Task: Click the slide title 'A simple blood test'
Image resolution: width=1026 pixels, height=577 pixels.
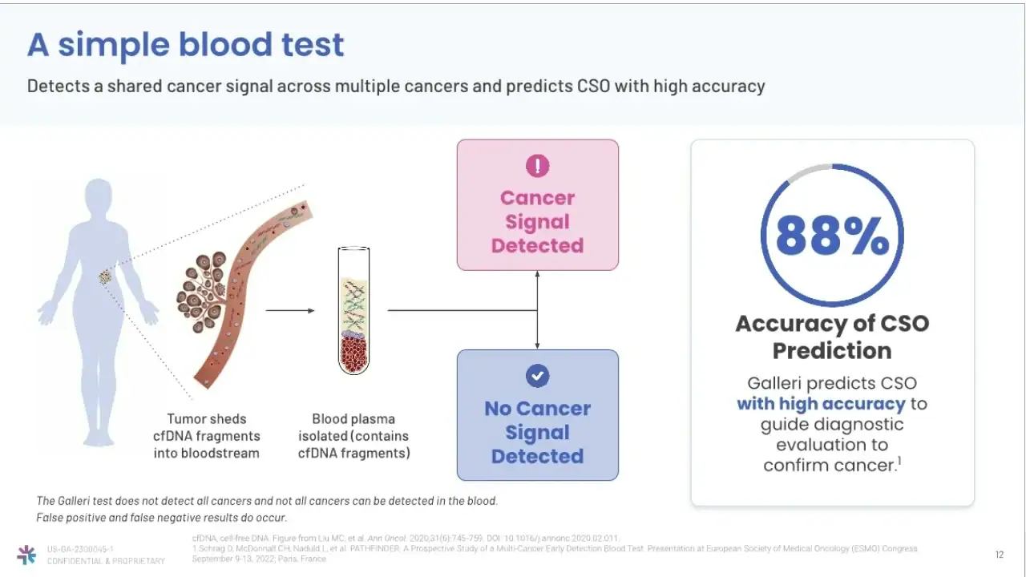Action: coord(185,45)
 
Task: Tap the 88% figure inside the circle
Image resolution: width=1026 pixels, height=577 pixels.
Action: coord(832,236)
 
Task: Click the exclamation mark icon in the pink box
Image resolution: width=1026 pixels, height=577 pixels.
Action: coord(537,166)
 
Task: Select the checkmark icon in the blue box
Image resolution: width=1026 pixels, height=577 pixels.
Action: coord(537,376)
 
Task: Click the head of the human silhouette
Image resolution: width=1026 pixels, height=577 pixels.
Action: coord(99,197)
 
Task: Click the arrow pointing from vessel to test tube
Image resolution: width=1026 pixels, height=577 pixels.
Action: coord(289,310)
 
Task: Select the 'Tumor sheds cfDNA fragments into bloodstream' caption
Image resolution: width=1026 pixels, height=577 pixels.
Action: coord(207,436)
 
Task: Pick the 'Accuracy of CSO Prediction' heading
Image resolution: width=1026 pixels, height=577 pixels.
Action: coord(832,337)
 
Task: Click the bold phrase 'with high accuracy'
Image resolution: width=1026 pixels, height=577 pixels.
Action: coord(821,404)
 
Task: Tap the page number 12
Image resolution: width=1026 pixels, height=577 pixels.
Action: coord(1000,555)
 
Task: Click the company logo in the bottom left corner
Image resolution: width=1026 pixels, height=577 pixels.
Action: coord(26,555)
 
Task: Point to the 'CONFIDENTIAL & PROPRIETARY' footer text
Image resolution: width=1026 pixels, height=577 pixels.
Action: coord(106,561)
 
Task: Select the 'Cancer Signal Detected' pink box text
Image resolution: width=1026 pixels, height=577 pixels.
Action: coord(537,222)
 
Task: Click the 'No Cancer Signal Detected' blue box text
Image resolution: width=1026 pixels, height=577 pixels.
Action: coord(537,433)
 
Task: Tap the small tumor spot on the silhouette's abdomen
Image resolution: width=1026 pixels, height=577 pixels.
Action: coord(105,277)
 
